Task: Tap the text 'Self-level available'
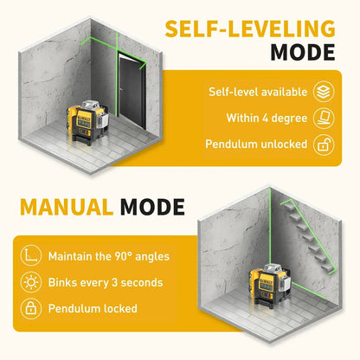257,91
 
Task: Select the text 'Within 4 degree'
266,118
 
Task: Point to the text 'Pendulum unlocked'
256,145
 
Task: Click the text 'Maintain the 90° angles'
109,255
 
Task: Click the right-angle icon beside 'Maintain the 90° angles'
31,255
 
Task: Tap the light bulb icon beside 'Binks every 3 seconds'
31,281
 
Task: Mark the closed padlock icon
31,308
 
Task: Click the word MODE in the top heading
303,51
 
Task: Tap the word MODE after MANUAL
152,207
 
